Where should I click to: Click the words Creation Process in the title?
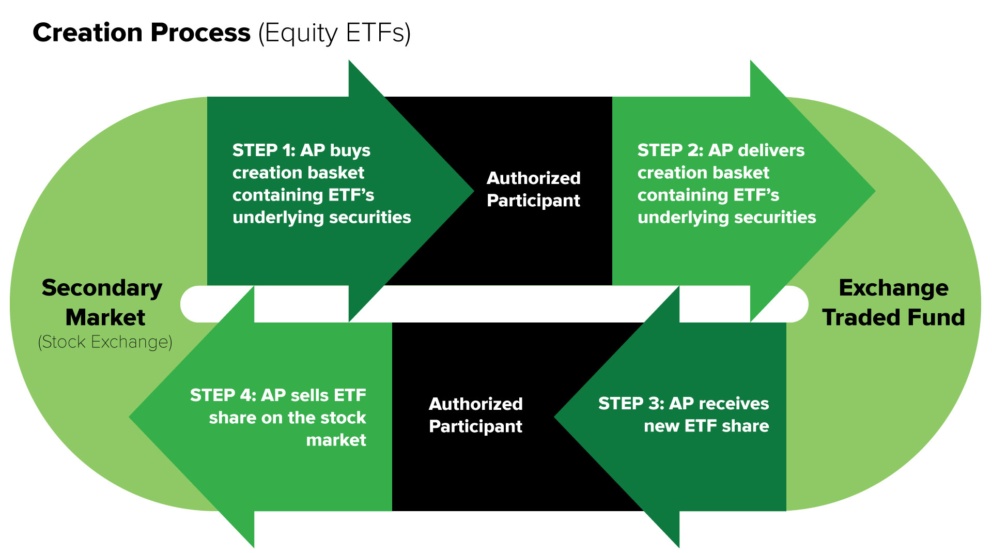(x=141, y=33)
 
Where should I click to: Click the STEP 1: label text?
(x=263, y=150)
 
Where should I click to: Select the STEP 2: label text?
(x=670, y=150)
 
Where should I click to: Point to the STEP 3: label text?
(x=631, y=404)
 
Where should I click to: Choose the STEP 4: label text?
(x=223, y=395)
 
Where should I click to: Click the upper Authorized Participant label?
(x=533, y=189)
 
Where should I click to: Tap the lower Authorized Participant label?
(x=475, y=415)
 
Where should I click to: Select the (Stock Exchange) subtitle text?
(x=105, y=342)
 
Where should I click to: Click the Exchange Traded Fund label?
(x=893, y=302)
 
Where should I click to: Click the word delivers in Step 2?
(x=771, y=150)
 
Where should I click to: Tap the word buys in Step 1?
(x=350, y=150)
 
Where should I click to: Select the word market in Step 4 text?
(x=336, y=440)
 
